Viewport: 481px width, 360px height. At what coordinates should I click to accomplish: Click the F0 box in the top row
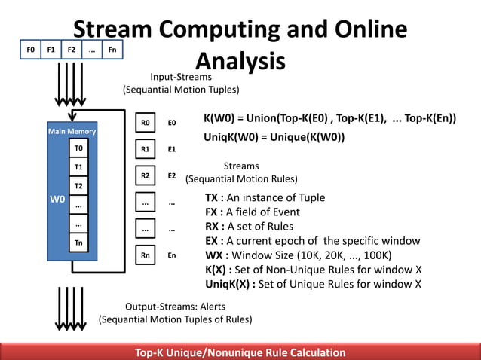pyautogui.click(x=31, y=50)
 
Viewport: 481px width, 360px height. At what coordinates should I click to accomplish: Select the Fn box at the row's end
pyautogui.click(x=112, y=50)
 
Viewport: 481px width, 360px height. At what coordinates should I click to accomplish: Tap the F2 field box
pyautogui.click(x=71, y=50)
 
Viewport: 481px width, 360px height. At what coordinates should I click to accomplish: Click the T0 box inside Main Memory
pyautogui.click(x=78, y=148)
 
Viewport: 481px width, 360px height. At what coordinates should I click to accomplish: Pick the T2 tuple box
pyautogui.click(x=78, y=185)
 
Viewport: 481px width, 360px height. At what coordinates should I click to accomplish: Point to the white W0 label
pyautogui.click(x=57, y=200)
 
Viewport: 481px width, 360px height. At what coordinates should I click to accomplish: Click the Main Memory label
pyautogui.click(x=72, y=132)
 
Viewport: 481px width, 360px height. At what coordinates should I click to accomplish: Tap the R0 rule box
pyautogui.click(x=146, y=122)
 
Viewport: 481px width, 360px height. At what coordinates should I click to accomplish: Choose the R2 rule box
pyautogui.click(x=146, y=175)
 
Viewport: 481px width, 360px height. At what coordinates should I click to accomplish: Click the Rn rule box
pyautogui.click(x=146, y=255)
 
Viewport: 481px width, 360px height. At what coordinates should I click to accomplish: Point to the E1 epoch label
pyautogui.click(x=172, y=149)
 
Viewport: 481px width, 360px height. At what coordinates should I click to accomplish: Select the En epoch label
pyautogui.click(x=172, y=255)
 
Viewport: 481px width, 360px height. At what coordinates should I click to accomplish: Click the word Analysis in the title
pyautogui.click(x=240, y=61)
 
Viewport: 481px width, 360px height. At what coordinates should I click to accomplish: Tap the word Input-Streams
pyautogui.click(x=181, y=77)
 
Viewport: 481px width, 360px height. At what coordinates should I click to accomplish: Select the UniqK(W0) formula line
pyautogui.click(x=274, y=138)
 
